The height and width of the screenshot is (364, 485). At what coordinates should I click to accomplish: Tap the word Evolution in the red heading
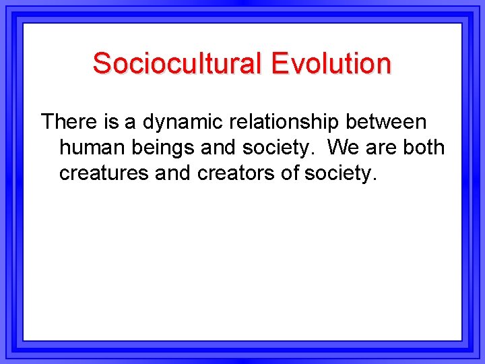[x=331, y=63]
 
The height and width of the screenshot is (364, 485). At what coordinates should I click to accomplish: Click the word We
[x=344, y=148]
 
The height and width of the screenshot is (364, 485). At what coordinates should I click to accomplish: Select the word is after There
[x=112, y=122]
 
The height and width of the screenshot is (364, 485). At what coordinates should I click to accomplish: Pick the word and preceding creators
[x=174, y=173]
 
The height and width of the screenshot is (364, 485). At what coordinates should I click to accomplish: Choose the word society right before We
[x=278, y=148]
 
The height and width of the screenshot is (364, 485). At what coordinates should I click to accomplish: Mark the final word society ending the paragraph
[x=341, y=173]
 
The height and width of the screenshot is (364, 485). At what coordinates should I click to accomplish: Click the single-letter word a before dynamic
[x=130, y=122]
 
